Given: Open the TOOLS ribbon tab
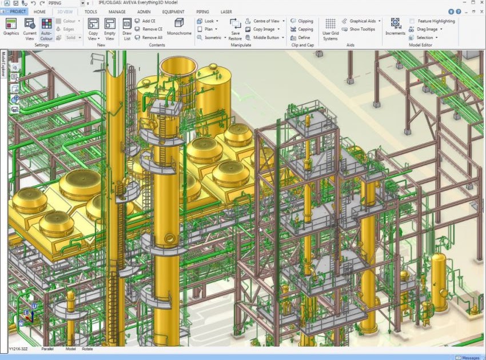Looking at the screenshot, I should point(90,11).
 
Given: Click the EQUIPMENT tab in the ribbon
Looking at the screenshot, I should point(173,11).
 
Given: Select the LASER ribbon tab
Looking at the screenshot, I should point(226,11).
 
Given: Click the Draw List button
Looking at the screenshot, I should point(126,28).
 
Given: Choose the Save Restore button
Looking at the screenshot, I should point(236,29).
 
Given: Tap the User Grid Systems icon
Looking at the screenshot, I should point(330,29).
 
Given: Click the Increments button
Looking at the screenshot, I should point(395,27).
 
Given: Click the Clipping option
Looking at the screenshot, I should point(302,21).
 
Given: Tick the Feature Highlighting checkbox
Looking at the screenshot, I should point(412,21).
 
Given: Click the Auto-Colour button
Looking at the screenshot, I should point(46,28).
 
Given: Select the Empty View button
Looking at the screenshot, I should point(110,28).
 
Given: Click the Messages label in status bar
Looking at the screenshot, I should point(471,358).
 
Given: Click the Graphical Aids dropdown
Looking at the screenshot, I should point(364,21).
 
